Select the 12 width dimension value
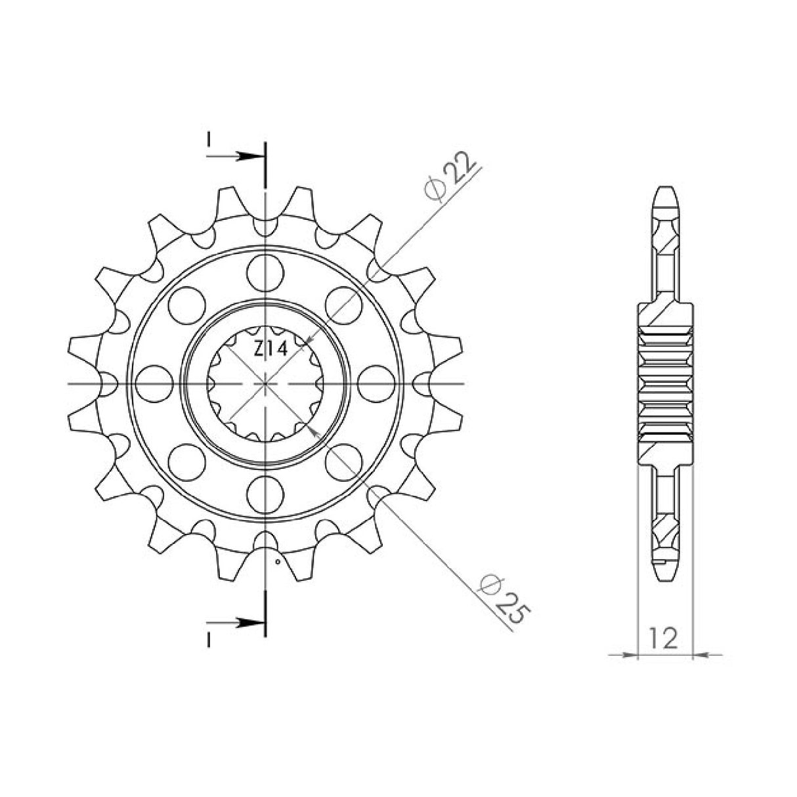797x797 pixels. point(664,638)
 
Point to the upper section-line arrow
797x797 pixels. point(246,157)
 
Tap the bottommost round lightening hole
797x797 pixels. point(265,493)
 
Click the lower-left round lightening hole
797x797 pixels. point(186,460)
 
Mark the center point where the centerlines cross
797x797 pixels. point(265,383)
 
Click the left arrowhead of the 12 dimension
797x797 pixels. point(631,655)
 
